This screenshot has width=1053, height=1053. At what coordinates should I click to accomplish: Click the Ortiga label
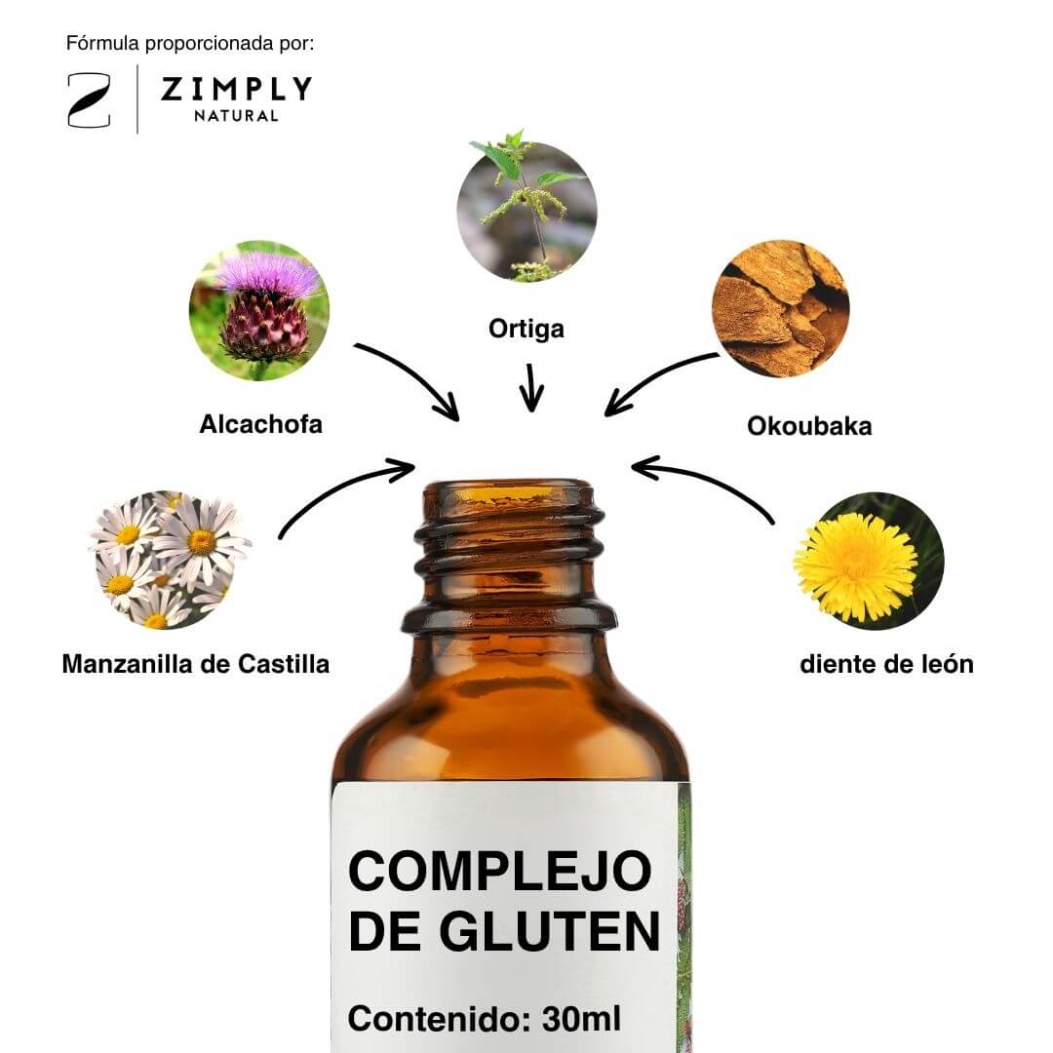(526, 330)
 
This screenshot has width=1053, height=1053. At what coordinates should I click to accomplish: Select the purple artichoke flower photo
(259, 310)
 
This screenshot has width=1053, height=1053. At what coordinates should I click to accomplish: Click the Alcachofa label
(260, 424)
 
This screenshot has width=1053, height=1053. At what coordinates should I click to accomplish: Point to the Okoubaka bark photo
(780, 308)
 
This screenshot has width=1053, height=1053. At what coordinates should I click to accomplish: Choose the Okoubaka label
(809, 426)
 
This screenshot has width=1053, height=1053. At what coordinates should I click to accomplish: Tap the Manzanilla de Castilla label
(195, 664)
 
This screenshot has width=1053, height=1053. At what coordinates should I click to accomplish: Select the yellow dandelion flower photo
(868, 561)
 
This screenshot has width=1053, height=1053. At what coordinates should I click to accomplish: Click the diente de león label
(886, 664)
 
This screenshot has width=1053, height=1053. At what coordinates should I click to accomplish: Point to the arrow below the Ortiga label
(531, 387)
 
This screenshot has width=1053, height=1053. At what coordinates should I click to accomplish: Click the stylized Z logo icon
(89, 100)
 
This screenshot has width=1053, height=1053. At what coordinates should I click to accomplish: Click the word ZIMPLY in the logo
(236, 89)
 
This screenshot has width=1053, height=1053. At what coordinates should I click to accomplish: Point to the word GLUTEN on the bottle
(549, 931)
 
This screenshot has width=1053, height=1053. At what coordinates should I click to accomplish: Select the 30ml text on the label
(581, 1019)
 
